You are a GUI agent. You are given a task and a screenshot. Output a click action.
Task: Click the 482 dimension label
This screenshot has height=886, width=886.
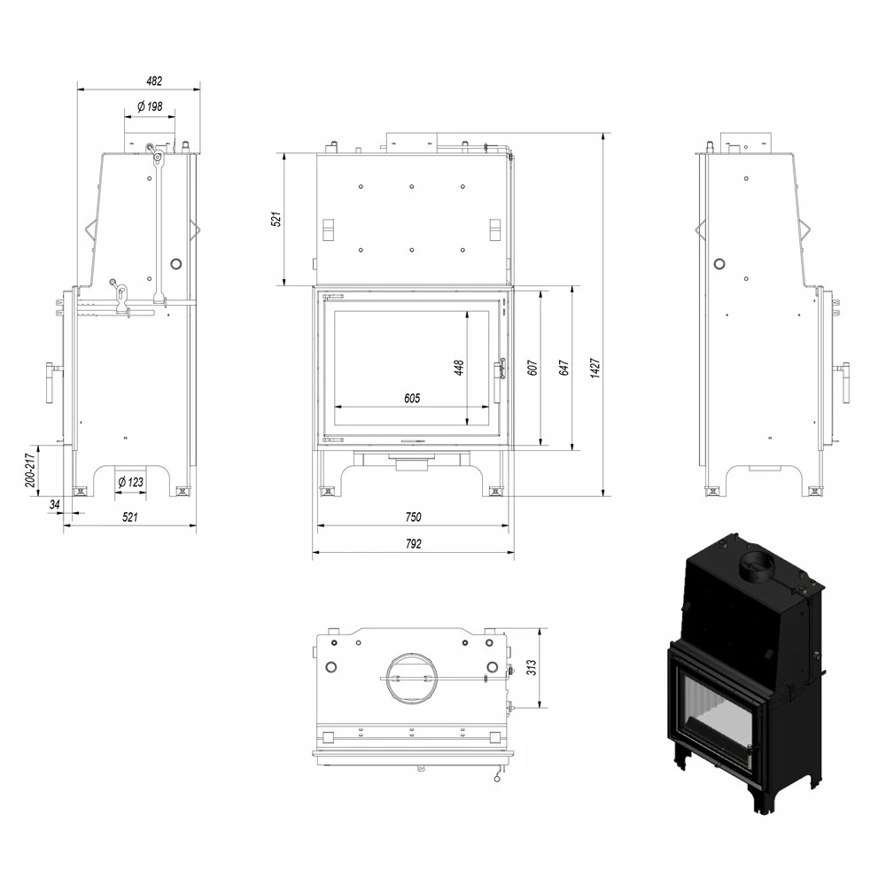click(153, 81)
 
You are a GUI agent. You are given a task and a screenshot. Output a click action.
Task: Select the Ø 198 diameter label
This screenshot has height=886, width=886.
click(150, 106)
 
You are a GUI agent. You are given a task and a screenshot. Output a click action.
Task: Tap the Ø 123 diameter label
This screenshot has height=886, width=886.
click(130, 482)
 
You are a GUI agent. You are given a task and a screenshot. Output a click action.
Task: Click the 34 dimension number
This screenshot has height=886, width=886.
click(54, 504)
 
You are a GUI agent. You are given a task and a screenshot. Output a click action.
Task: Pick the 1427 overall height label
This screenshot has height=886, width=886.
click(595, 368)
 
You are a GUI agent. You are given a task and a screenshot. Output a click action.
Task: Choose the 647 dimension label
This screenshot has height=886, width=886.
click(563, 368)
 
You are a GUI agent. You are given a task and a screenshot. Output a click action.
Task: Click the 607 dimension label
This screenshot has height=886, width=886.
click(532, 368)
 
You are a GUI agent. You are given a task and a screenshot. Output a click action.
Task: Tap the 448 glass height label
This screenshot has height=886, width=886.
click(458, 368)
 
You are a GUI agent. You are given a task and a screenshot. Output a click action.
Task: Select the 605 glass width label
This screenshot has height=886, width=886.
click(412, 399)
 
